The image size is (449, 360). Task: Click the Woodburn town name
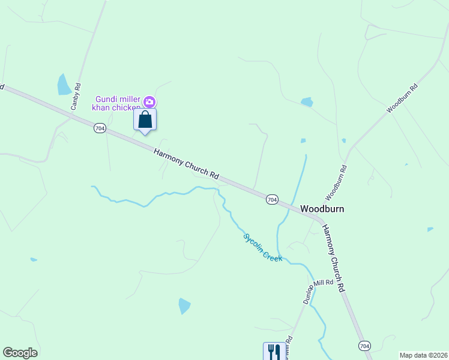(x=322, y=209)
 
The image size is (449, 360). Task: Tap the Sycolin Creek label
(x=263, y=247)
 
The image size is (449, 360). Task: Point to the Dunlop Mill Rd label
(x=318, y=291)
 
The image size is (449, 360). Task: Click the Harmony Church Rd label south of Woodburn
(x=334, y=258)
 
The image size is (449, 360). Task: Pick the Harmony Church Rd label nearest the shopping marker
(x=186, y=163)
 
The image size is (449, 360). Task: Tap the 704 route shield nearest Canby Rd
(x=100, y=128)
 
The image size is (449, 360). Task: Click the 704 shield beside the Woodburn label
(x=272, y=199)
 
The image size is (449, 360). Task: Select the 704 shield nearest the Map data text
(x=364, y=346)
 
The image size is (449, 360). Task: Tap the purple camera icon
(x=150, y=103)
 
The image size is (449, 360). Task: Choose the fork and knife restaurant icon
(x=274, y=351)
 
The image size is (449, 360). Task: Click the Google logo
(x=20, y=353)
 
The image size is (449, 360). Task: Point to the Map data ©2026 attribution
(x=423, y=355)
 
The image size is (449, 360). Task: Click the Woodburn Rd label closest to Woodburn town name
(x=336, y=183)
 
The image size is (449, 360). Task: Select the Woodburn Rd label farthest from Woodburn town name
(x=402, y=99)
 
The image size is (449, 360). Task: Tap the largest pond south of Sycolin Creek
(x=184, y=306)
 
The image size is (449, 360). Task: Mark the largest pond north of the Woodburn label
(x=307, y=102)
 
